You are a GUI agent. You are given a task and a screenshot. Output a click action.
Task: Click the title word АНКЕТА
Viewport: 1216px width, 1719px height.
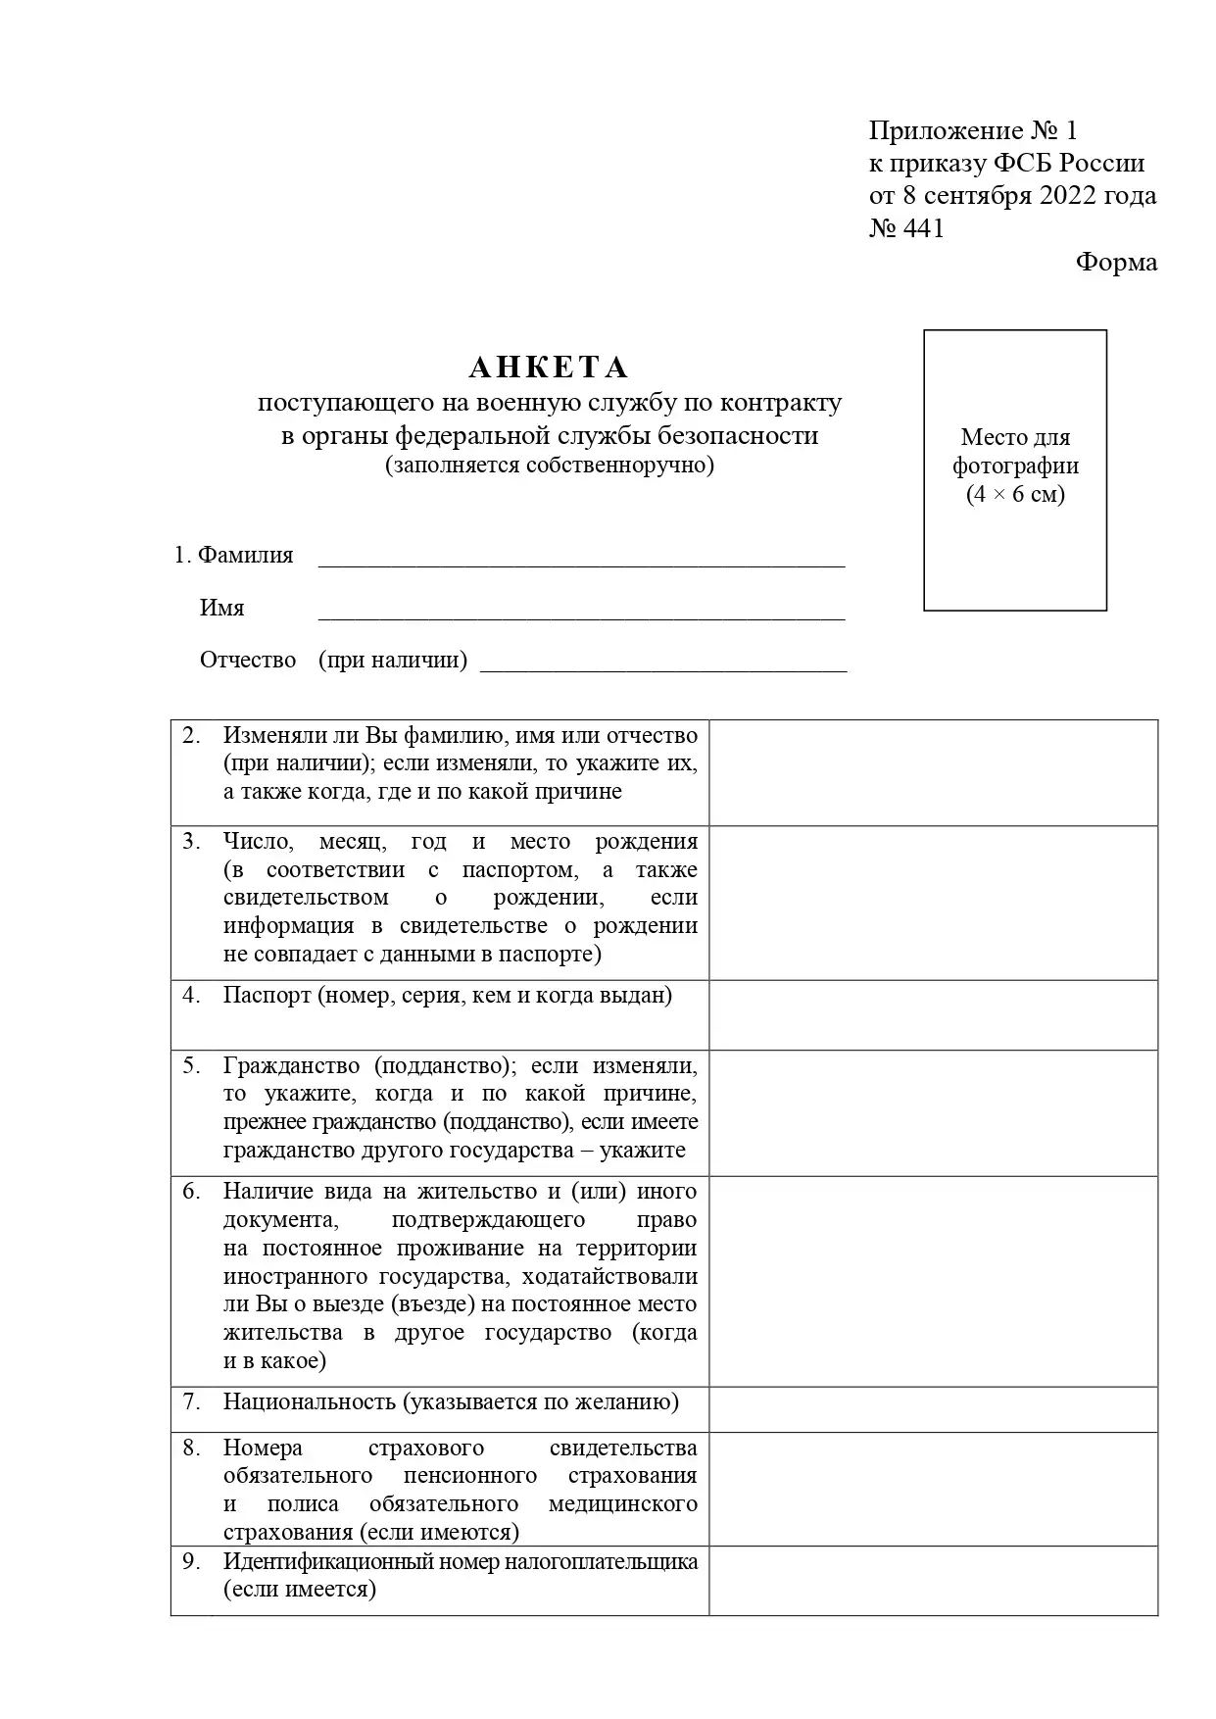(549, 368)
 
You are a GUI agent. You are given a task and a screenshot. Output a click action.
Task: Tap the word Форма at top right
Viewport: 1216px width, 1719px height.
(1116, 262)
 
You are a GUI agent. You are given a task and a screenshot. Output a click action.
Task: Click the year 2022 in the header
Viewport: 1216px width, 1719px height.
(1059, 195)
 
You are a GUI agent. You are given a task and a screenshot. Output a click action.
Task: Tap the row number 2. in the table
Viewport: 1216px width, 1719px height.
(191, 735)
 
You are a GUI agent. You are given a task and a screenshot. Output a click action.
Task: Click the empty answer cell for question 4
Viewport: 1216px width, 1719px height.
(933, 1014)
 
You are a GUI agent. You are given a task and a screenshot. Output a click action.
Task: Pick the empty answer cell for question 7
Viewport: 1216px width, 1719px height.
(933, 1408)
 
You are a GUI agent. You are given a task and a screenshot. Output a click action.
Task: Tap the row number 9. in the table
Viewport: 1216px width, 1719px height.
(191, 1561)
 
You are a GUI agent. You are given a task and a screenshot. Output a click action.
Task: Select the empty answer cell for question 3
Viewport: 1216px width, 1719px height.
(933, 903)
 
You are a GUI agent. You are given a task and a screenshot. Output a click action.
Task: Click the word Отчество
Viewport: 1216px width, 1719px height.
(248, 660)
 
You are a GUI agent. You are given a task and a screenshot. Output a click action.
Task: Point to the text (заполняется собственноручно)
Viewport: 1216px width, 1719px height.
(549, 465)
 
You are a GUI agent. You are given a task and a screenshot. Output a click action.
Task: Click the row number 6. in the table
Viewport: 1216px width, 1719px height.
(191, 1192)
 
